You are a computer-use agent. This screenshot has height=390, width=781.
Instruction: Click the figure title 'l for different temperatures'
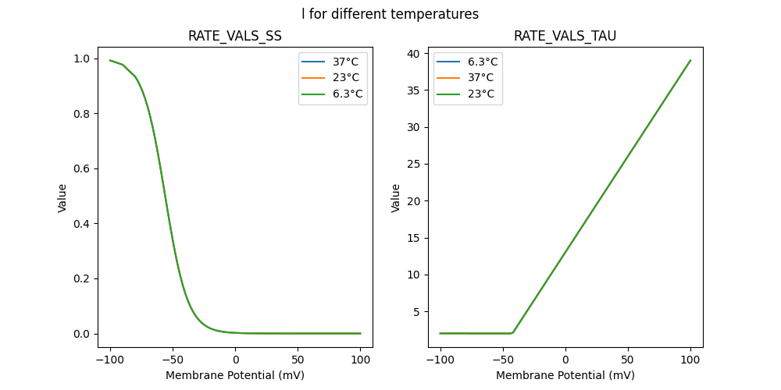(x=390, y=14)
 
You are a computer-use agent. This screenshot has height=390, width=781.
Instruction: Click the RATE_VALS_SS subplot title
(x=235, y=36)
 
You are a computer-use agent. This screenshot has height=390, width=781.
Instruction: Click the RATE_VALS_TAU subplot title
(x=565, y=36)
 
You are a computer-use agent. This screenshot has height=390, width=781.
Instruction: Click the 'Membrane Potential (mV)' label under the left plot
(x=235, y=375)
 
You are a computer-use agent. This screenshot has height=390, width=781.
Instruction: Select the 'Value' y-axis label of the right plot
(x=396, y=198)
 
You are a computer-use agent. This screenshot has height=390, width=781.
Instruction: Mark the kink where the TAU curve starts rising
(x=512, y=333)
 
